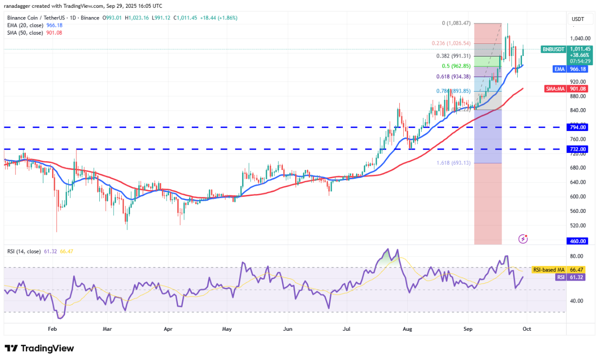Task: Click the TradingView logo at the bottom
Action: click(x=39, y=348)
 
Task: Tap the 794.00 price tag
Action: click(x=578, y=127)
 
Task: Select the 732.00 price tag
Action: click(x=578, y=149)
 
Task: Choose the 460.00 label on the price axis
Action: click(x=578, y=241)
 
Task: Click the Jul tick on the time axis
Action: click(x=347, y=329)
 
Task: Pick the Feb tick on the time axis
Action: click(x=53, y=329)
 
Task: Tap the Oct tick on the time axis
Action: click(x=526, y=329)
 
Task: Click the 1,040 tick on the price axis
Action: click(x=578, y=38)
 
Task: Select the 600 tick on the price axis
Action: click(x=578, y=197)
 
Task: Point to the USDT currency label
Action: click(x=578, y=19)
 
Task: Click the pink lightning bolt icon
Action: click(x=523, y=239)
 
